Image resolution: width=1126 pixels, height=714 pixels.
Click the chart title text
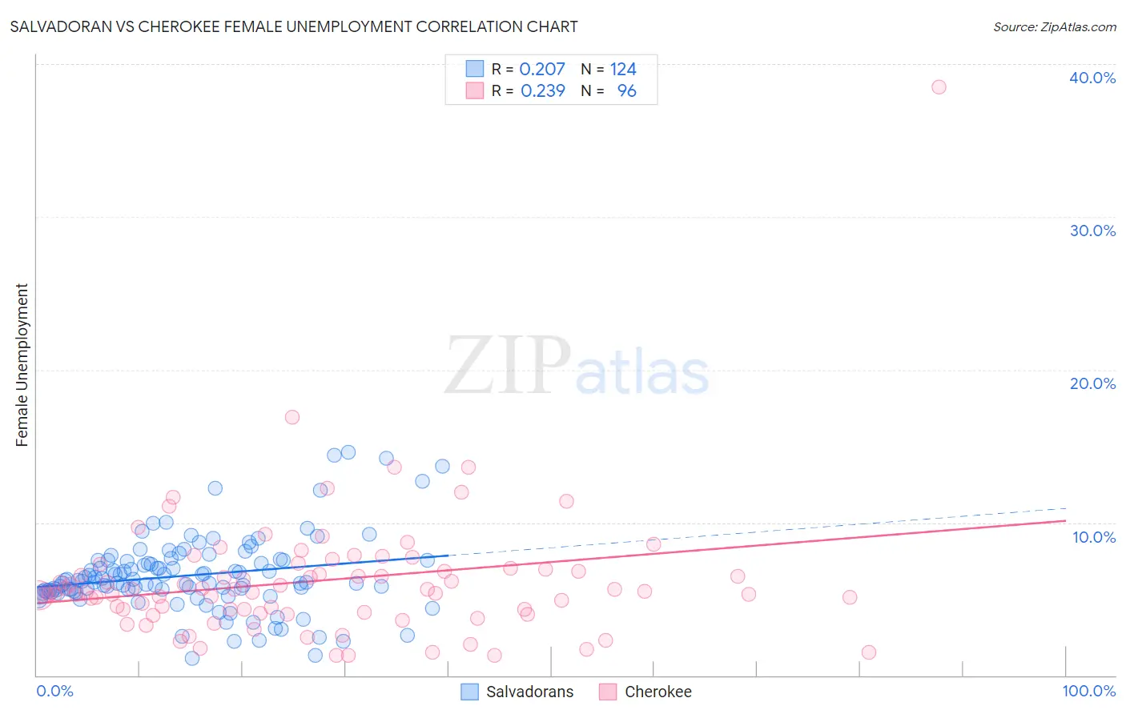pyautogui.click(x=294, y=26)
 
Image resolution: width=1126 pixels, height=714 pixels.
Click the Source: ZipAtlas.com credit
pyautogui.click(x=1054, y=26)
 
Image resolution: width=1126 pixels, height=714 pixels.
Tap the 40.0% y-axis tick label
pyautogui.click(x=1092, y=78)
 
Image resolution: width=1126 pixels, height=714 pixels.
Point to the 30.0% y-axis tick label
pyautogui.click(x=1092, y=231)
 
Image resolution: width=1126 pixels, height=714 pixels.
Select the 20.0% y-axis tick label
pyautogui.click(x=1092, y=383)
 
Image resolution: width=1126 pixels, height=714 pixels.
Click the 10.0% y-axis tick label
pyautogui.click(x=1094, y=537)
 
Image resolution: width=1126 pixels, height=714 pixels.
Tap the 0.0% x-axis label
pyautogui.click(x=54, y=691)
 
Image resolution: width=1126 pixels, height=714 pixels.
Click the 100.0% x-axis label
pyautogui.click(x=1089, y=691)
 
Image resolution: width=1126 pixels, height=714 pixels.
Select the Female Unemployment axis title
pyautogui.click(x=22, y=364)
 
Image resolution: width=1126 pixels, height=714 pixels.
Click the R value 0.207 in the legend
pyautogui.click(x=542, y=70)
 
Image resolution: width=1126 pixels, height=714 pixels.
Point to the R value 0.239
pyautogui.click(x=542, y=91)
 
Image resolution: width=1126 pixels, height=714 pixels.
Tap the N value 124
pyautogui.click(x=623, y=70)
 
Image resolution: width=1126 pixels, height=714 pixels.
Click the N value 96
pyautogui.click(x=626, y=91)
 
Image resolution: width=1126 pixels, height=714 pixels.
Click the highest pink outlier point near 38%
pyautogui.click(x=939, y=86)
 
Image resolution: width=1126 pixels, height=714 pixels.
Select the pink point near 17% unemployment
pyautogui.click(x=292, y=417)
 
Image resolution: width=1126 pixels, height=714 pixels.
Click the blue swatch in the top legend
pyautogui.click(x=475, y=69)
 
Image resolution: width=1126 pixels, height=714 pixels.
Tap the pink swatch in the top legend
pyautogui.click(x=475, y=90)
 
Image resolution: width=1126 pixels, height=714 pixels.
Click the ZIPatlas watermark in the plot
pyautogui.click(x=577, y=366)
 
